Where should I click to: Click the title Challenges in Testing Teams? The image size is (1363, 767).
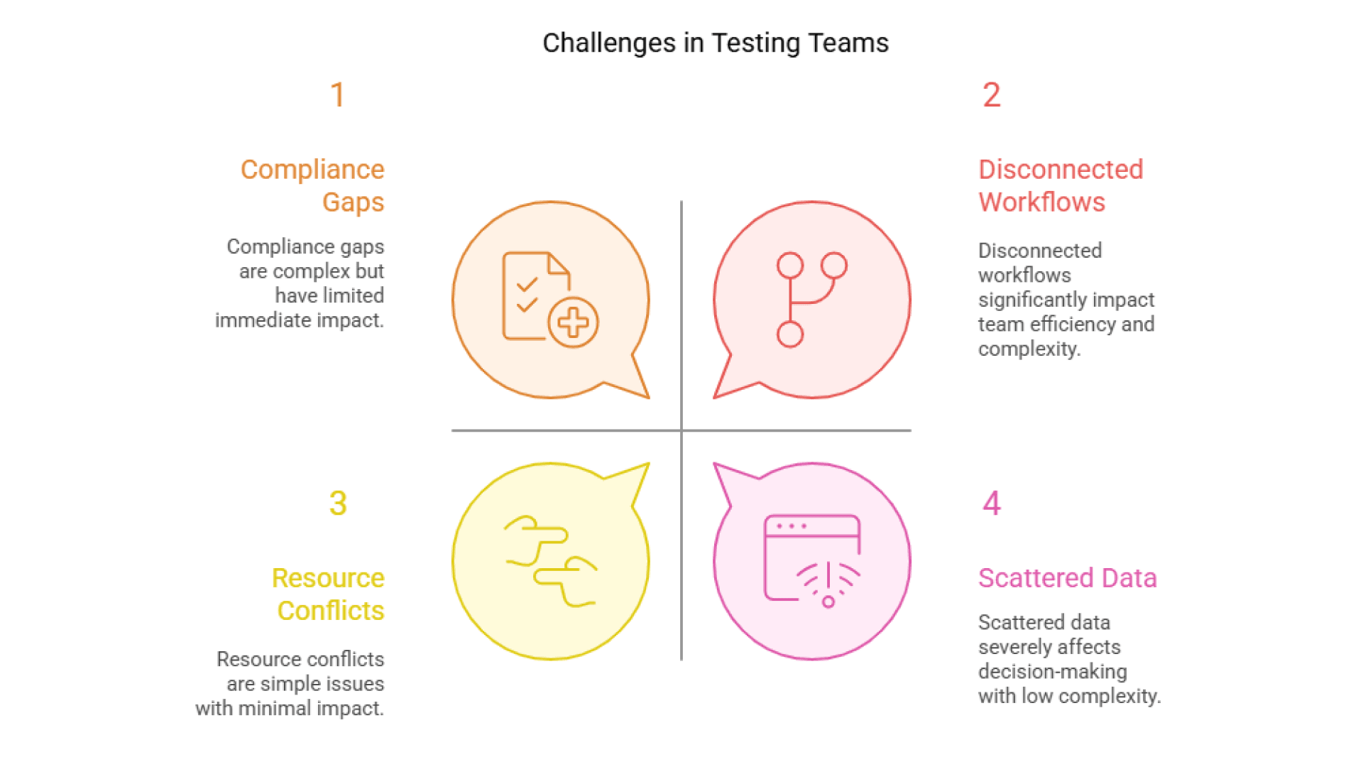click(715, 43)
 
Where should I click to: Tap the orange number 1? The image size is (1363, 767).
click(338, 95)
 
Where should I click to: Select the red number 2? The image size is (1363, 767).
click(992, 95)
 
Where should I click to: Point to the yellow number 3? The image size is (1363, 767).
click(338, 504)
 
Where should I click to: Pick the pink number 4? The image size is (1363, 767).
click(992, 504)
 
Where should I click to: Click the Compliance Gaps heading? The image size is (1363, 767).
click(312, 185)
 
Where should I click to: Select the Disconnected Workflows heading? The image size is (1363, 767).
click(1060, 185)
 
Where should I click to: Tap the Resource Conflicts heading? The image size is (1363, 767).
click(328, 594)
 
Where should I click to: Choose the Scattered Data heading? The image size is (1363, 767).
click(1067, 578)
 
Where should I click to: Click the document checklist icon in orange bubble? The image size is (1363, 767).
click(532, 295)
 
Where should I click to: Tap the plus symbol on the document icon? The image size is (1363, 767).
click(573, 322)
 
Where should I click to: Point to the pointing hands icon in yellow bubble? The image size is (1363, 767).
click(551, 561)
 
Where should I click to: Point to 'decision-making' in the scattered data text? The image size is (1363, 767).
click(1052, 672)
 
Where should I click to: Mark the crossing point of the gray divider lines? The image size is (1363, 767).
click(681, 430)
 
